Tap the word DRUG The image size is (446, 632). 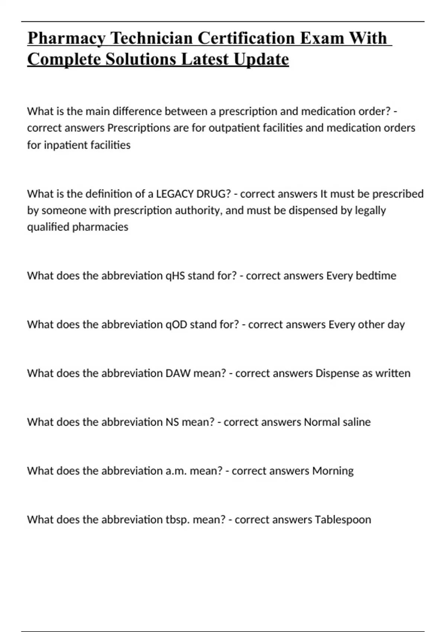pos(214,194)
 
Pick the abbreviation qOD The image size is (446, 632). pos(176,325)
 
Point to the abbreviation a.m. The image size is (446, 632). pos(176,471)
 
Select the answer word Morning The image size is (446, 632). pos(333,471)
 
